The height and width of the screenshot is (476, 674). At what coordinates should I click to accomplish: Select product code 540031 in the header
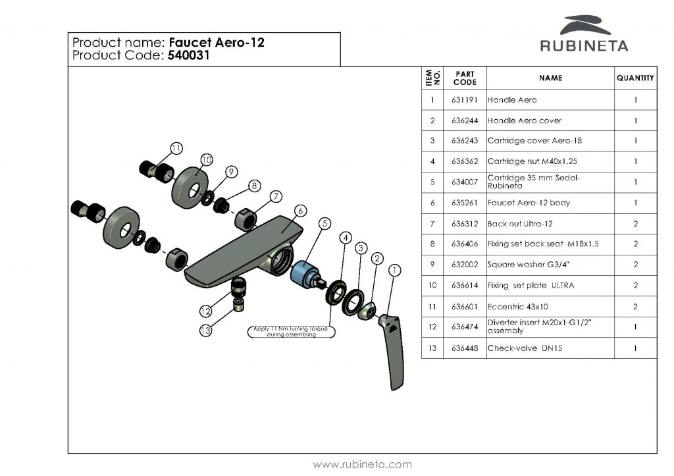tap(188, 56)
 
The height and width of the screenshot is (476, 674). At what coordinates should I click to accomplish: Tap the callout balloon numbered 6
tap(300, 211)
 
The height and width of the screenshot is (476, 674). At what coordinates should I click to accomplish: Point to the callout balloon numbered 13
tap(206, 331)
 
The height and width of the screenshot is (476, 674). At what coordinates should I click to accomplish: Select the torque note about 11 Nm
tap(291, 332)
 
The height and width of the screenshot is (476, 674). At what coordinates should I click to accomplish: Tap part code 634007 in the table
tap(465, 182)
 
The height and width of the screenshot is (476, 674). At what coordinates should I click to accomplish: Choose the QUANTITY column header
tap(635, 78)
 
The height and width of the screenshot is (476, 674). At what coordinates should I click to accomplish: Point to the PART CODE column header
tap(465, 78)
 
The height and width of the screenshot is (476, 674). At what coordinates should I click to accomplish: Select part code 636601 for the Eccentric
tap(465, 307)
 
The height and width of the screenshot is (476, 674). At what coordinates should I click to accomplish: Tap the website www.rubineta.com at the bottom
tap(362, 464)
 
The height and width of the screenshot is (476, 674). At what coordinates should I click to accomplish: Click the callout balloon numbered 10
tap(206, 160)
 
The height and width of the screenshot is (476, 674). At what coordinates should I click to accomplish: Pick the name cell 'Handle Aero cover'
tap(525, 120)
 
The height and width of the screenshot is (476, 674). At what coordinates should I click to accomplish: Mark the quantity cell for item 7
tap(635, 224)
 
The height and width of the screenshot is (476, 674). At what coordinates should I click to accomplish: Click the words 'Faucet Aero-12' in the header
tap(217, 43)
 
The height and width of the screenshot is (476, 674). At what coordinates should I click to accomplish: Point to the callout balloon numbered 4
tap(346, 237)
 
